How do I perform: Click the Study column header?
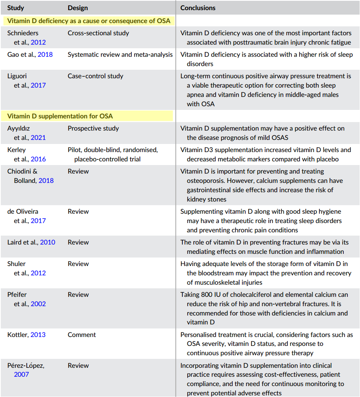[16, 8]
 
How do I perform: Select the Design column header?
[78, 8]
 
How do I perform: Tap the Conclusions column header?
[198, 8]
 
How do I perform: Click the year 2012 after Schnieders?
[39, 43]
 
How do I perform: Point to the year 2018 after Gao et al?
[45, 54]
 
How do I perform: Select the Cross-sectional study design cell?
[98, 33]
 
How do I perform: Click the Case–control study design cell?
[95, 76]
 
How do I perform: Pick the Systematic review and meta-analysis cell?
[120, 54]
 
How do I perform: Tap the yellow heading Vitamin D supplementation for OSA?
[60, 116]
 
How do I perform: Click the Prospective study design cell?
[93, 128]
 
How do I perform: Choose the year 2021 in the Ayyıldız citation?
[39, 138]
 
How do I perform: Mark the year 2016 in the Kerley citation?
[39, 159]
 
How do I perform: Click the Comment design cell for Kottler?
[81, 335]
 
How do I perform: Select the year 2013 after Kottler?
[38, 335]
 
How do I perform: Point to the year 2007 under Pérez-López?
[21, 374]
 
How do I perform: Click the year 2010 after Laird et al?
[47, 242]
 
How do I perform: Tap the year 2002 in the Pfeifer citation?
[39, 304]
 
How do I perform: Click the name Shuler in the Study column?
[16, 264]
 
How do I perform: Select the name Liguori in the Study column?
[17, 76]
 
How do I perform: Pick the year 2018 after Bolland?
[46, 181]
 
